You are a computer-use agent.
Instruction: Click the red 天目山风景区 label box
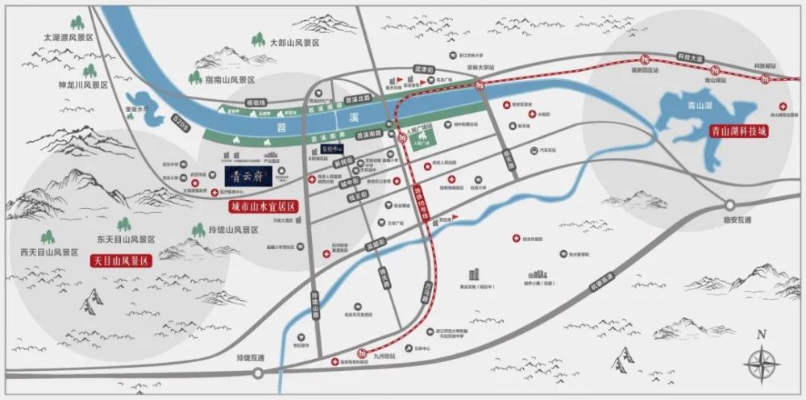pyautogui.click(x=121, y=261)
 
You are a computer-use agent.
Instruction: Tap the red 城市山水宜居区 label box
pyautogui.click(x=259, y=206)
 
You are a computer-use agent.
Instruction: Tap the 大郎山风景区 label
pyautogui.click(x=294, y=42)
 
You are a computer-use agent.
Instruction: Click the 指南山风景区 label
pyautogui.click(x=229, y=80)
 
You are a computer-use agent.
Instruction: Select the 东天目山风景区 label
pyautogui.click(x=125, y=240)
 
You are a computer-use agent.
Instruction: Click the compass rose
pyautogui.click(x=762, y=364)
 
